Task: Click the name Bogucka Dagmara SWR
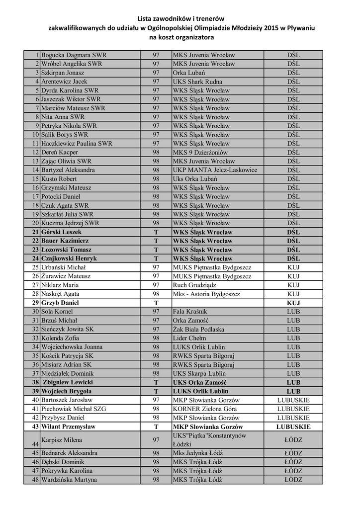(74, 55)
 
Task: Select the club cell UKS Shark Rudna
(197, 82)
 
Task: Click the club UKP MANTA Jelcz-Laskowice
(215, 170)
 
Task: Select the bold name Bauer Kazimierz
(65, 241)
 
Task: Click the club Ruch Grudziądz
(195, 285)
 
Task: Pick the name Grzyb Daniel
(60, 303)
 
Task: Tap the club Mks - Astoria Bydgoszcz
(206, 294)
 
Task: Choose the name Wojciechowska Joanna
(72, 347)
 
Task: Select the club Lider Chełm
(190, 338)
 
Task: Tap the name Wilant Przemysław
(68, 426)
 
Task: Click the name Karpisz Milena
(62, 440)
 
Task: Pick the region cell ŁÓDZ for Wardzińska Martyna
(293, 480)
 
